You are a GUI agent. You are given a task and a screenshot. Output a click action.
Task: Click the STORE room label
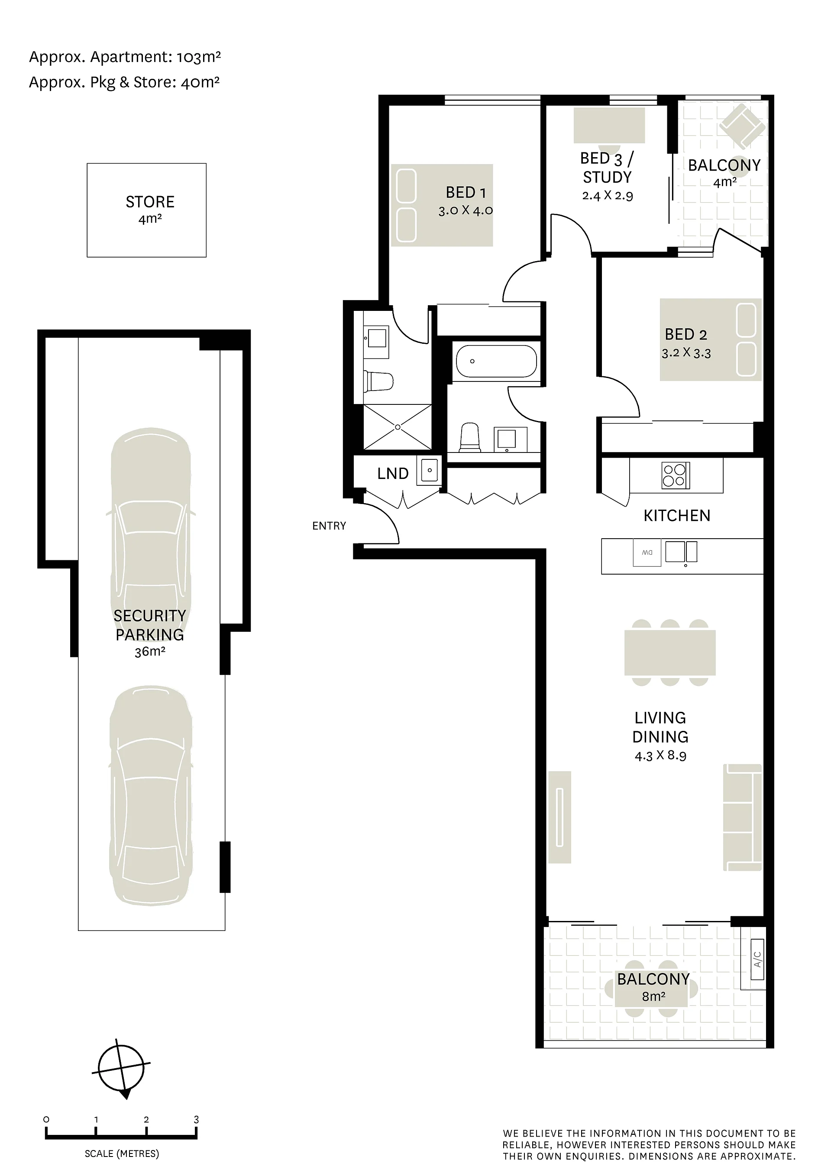pos(150,202)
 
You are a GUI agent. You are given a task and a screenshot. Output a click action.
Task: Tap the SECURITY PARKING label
pos(149,625)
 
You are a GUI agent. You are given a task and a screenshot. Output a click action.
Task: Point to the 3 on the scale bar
pos(196,1120)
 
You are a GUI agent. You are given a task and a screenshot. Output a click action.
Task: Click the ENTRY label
pos(329,526)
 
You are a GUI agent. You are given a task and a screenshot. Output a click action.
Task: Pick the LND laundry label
pos(393,473)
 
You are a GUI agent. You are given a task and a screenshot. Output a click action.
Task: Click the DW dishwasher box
pos(647,552)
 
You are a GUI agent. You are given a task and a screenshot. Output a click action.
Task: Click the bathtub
pos(496,362)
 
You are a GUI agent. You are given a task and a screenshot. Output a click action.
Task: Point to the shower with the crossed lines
pos(398,426)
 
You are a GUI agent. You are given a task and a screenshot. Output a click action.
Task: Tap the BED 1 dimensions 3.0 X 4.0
pos(465,210)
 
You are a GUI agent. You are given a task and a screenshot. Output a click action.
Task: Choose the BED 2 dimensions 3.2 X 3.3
pos(686,352)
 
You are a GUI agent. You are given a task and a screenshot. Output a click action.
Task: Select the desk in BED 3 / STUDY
pos(609,126)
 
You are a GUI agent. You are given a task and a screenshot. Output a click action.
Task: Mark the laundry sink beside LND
pos(429,470)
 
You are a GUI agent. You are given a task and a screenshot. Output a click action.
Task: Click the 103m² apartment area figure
pos(199,56)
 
